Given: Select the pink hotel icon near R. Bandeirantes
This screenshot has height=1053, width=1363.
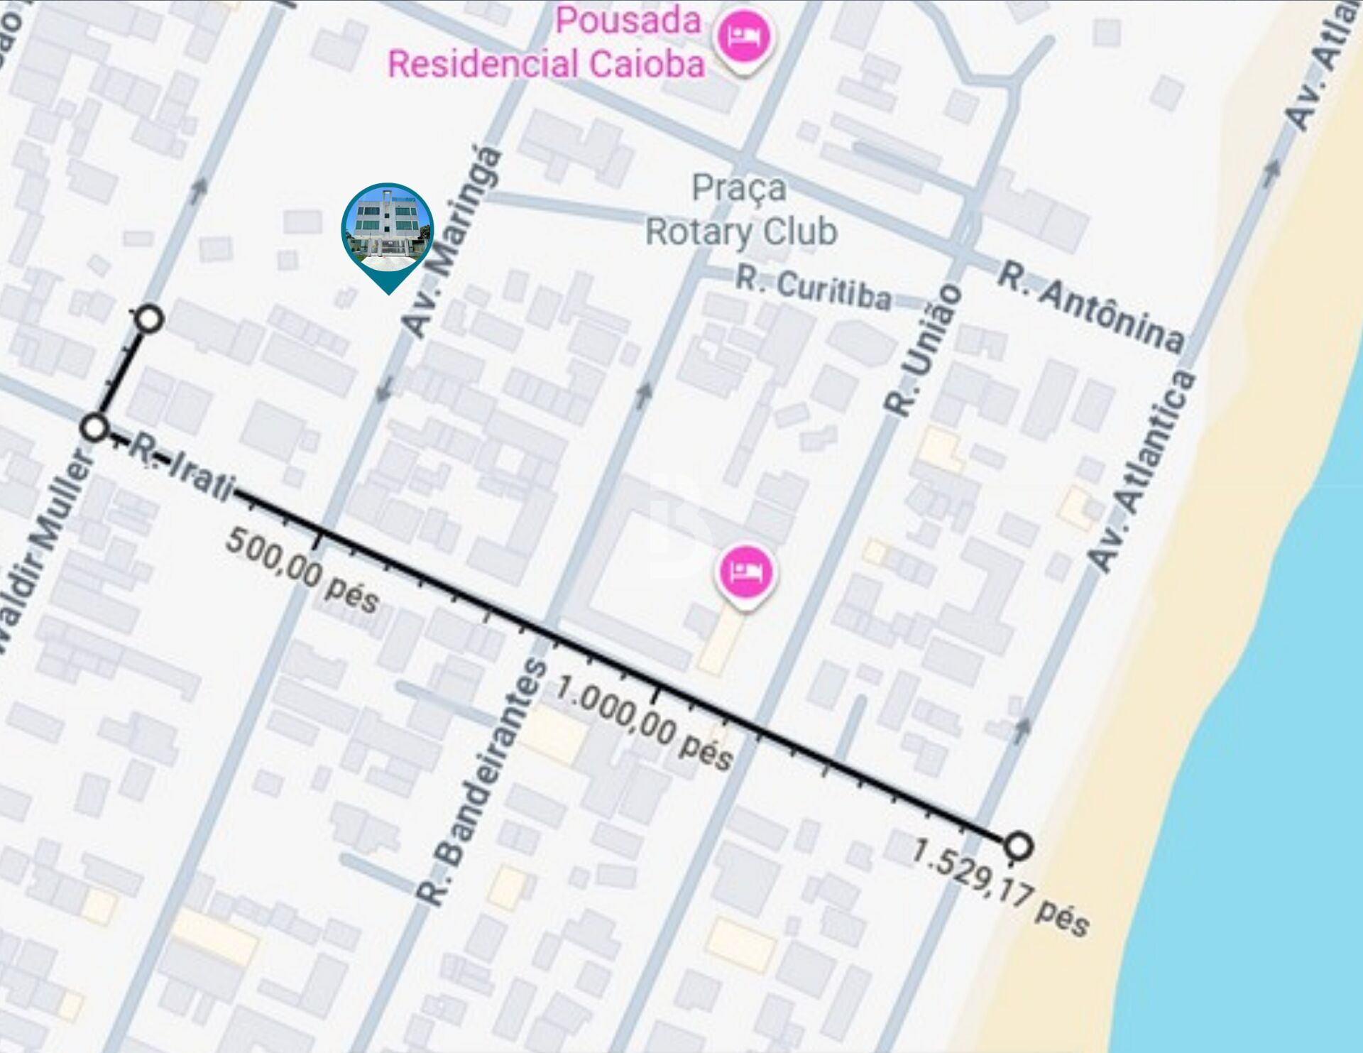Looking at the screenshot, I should [x=744, y=572].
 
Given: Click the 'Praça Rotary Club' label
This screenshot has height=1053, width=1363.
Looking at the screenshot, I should [x=740, y=210].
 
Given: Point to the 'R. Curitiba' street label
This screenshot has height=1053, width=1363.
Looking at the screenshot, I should [x=813, y=288].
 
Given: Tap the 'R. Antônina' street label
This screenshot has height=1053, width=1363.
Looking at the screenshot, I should [x=1090, y=307].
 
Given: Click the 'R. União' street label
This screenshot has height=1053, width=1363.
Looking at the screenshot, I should [x=924, y=351].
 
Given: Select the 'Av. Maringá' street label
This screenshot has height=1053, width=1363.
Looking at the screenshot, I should [x=452, y=241].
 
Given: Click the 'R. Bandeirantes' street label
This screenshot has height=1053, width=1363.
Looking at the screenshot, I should [x=483, y=781].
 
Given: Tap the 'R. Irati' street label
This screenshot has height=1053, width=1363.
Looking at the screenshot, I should [x=182, y=469].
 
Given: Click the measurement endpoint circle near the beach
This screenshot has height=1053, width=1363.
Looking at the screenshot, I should [x=1018, y=846].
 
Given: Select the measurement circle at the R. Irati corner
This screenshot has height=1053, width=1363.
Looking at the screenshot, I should [x=94, y=428].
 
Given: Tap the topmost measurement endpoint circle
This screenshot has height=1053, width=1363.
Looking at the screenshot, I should [x=149, y=319].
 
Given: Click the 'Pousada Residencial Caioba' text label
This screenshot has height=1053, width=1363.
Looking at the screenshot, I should [x=547, y=43].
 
